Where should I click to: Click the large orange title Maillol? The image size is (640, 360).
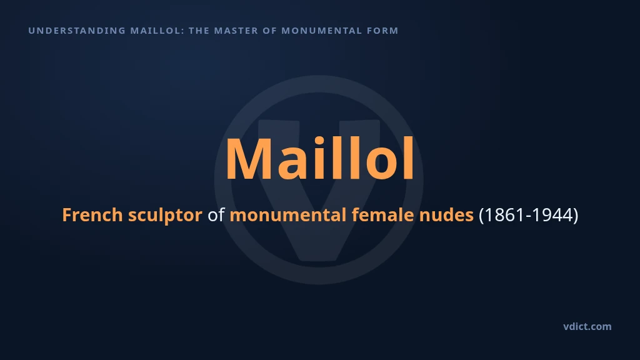coord(320,158)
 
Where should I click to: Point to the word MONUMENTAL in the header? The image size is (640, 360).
coord(322,31)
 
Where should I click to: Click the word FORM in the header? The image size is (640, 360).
coord(382,31)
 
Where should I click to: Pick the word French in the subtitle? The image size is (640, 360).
coord(92,215)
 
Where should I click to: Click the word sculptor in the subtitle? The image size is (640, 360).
coord(165,216)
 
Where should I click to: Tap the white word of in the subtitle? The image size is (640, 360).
coord(216,215)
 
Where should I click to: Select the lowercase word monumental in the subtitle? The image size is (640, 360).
coord(287,215)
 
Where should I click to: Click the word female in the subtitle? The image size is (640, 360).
coord(383,215)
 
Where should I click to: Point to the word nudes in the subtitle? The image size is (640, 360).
coord(446,215)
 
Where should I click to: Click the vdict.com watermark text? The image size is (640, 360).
coord(587,326)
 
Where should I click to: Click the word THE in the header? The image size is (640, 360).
coord(199,31)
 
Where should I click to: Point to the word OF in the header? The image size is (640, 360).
coord(270,31)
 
